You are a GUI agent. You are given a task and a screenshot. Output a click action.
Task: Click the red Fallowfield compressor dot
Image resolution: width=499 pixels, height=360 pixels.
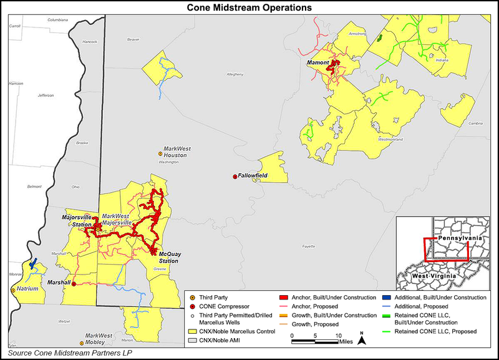(x=235, y=177)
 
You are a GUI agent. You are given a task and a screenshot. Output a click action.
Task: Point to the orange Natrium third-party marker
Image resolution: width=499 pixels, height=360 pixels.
(x=13, y=290)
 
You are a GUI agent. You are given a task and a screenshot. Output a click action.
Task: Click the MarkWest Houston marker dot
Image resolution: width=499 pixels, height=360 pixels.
(x=160, y=153)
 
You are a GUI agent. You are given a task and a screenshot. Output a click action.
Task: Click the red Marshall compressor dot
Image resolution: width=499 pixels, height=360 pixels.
(x=74, y=284)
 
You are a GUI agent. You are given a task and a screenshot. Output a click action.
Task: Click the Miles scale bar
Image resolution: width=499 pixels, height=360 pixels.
(x=315, y=342)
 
